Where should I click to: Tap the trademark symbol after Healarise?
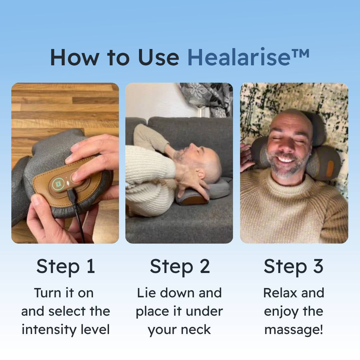pos(300,54)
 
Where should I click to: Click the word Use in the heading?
pos(158,57)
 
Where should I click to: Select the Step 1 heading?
pos(66,267)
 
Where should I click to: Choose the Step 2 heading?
pos(180,267)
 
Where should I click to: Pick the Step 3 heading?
pos(294,267)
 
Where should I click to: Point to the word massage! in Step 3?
pos(294,330)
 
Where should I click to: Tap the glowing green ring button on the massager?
pos(57,184)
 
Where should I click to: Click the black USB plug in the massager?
pos(72,195)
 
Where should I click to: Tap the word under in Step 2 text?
pos(204,312)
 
